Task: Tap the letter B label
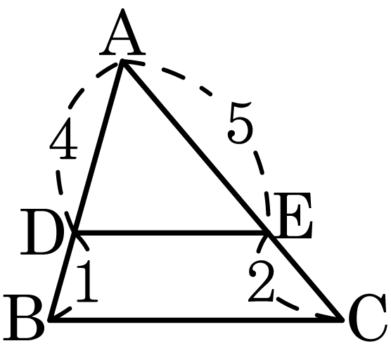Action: [x=24, y=317]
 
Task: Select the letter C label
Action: [x=368, y=318]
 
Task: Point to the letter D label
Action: [x=42, y=232]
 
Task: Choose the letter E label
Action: [x=293, y=216]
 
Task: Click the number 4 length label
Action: [x=63, y=138]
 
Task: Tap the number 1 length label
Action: [x=86, y=281]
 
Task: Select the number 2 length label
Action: [x=261, y=281]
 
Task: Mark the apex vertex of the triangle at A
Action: [x=122, y=60]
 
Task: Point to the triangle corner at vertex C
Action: [x=342, y=319]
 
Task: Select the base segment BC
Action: [x=196, y=319]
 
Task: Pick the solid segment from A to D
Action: [x=98, y=147]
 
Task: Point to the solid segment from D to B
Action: [x=63, y=276]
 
